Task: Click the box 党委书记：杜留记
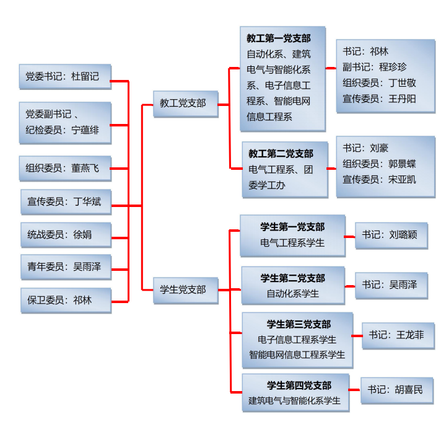click(x=65, y=76)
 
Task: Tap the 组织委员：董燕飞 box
click(x=65, y=167)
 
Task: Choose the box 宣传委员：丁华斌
click(x=65, y=201)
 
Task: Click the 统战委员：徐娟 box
click(x=65, y=234)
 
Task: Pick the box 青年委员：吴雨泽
click(x=65, y=267)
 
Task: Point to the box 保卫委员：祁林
click(x=65, y=300)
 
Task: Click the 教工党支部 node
click(x=185, y=103)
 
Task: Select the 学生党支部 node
click(x=185, y=289)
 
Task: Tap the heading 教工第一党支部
click(x=279, y=38)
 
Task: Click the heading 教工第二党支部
click(x=281, y=153)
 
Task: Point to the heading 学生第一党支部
click(x=292, y=227)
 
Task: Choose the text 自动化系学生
click(x=292, y=293)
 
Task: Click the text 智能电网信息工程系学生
click(x=297, y=355)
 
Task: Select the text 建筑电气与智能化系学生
click(x=294, y=400)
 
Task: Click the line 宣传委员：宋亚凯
click(x=380, y=179)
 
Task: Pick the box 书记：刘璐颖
click(x=391, y=235)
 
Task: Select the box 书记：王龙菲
click(x=397, y=335)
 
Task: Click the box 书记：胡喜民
click(x=395, y=390)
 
